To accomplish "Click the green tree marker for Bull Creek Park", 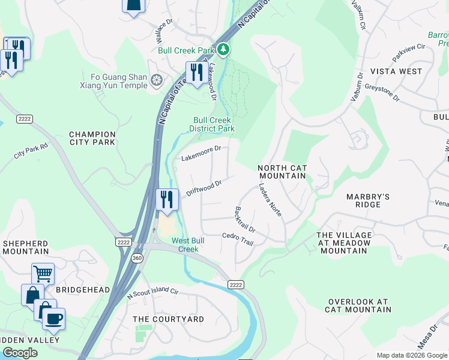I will pyautogui.click(x=223, y=49).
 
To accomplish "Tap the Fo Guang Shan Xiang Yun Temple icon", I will pyautogui.click(x=157, y=80).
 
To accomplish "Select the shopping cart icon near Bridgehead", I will pyautogui.click(x=43, y=274).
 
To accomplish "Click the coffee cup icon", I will pyautogui.click(x=54, y=317).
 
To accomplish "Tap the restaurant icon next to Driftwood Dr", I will pyautogui.click(x=167, y=199).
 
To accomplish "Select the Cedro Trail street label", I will pyautogui.click(x=238, y=238).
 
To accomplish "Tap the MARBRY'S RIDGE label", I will pyautogui.click(x=368, y=200).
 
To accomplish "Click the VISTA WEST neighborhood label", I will pyautogui.click(x=396, y=71).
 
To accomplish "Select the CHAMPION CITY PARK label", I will pyautogui.click(x=92, y=138).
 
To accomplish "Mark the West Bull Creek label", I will pyautogui.click(x=185, y=245).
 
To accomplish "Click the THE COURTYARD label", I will pyautogui.click(x=168, y=319).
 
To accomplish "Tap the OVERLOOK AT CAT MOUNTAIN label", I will pyautogui.click(x=358, y=305).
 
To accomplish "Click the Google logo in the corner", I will pyautogui.click(x=20, y=353).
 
